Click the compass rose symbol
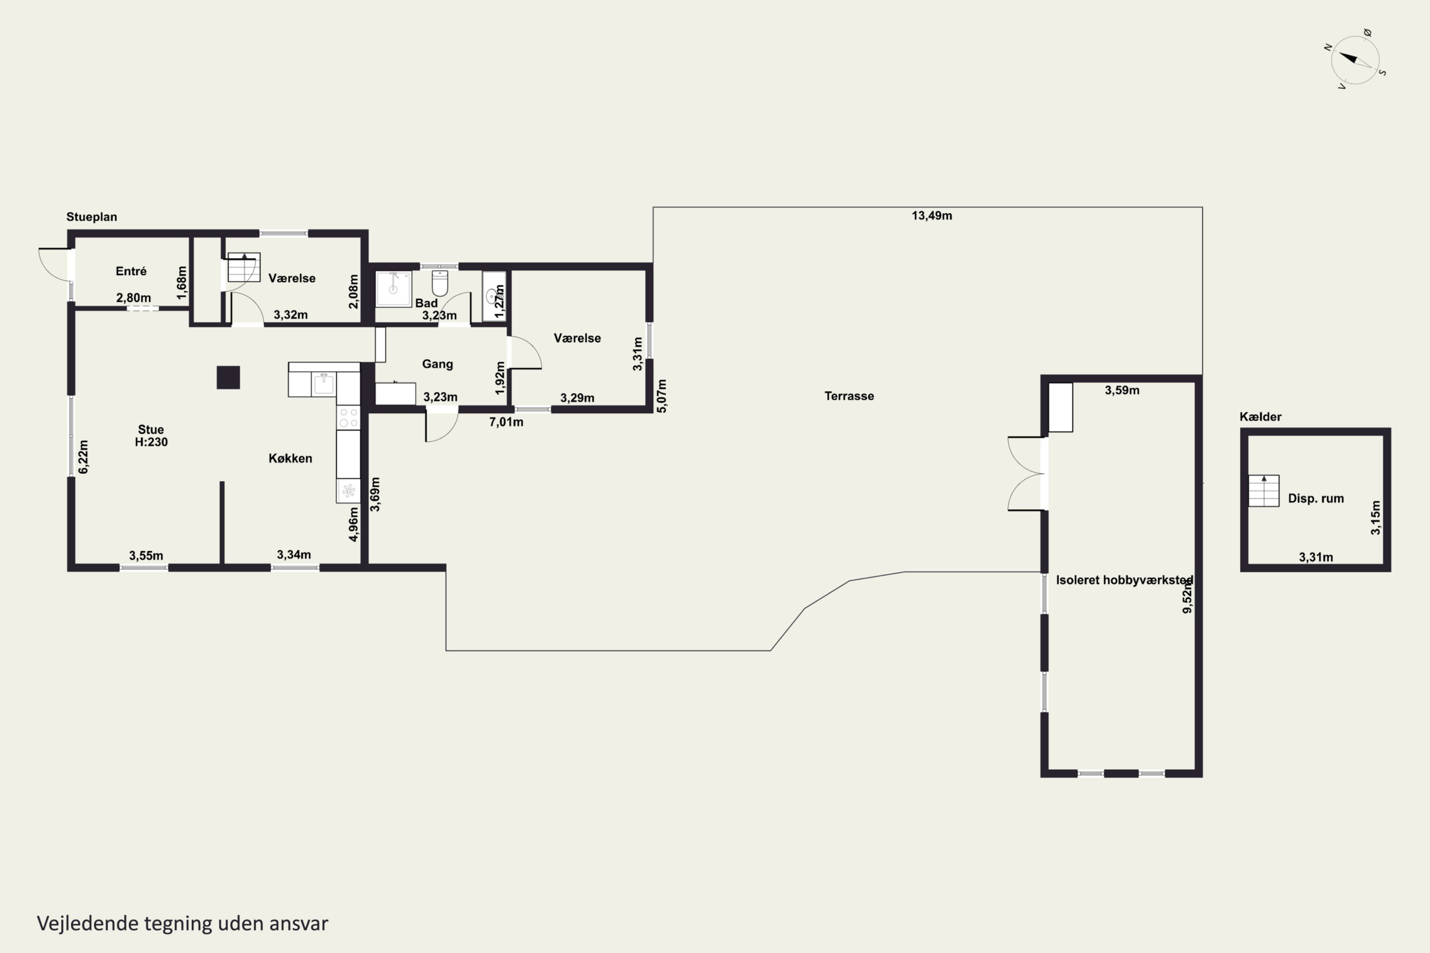click(1355, 60)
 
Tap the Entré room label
click(131, 271)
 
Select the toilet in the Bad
click(439, 283)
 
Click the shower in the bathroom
click(393, 289)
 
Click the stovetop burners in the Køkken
click(348, 417)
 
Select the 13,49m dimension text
click(931, 216)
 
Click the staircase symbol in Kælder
click(1264, 490)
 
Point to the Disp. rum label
click(1316, 498)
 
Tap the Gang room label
click(438, 364)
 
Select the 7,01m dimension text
click(506, 422)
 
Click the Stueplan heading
click(92, 217)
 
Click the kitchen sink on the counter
click(324, 384)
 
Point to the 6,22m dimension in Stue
click(83, 457)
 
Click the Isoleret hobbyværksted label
click(1124, 580)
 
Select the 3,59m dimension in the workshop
click(1122, 390)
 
